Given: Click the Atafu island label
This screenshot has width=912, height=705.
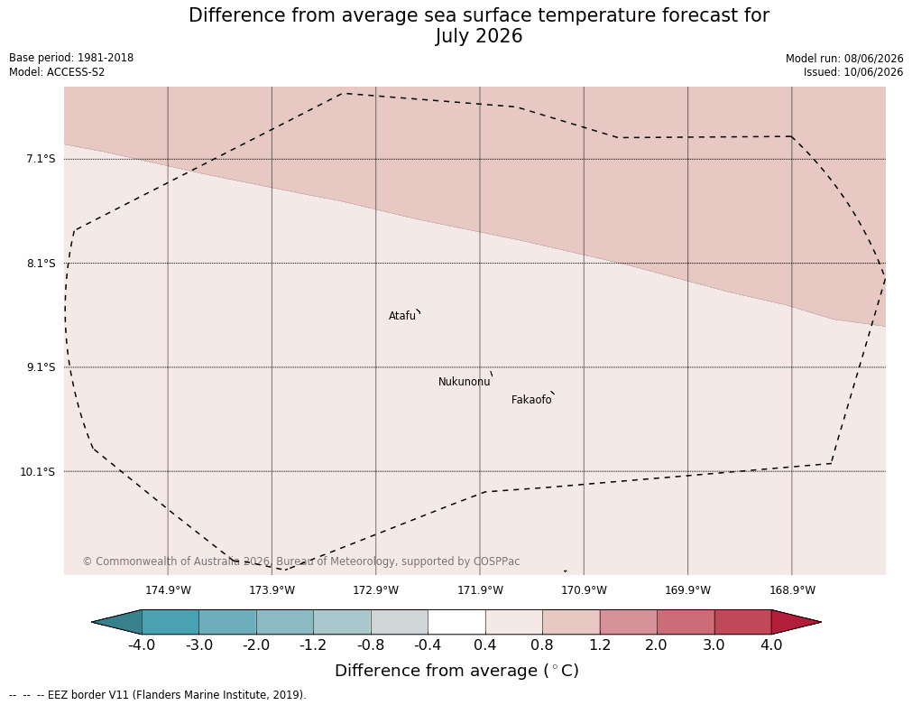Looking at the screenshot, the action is coord(402,316).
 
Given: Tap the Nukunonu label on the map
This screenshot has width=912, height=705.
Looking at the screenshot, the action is coord(465,382).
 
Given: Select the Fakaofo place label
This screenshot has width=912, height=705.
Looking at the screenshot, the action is coord(531,400).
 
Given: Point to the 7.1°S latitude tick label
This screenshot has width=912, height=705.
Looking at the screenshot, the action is coord(41,159).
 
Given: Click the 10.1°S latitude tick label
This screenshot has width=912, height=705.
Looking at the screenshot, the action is coord(38,471).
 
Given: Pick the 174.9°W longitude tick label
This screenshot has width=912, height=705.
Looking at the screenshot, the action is coord(168,590).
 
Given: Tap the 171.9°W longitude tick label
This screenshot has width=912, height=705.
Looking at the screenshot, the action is coord(481,590).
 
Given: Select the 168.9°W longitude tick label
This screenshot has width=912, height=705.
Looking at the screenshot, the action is coord(792,590).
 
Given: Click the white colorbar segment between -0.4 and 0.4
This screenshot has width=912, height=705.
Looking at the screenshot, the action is coord(456,622).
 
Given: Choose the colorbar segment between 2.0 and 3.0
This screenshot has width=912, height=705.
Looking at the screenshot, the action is coord(686,622).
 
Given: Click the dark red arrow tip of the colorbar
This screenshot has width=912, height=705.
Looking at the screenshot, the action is coord(821,622).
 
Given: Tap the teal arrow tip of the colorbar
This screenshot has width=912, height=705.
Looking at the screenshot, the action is coord(92,622).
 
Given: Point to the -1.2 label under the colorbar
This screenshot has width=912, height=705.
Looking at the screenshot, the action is coord(313,645).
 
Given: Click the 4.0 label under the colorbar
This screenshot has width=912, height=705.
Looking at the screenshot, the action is coord(771,645).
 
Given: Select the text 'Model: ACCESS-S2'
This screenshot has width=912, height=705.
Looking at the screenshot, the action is coord(57,72).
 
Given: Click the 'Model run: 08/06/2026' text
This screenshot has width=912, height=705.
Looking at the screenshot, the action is coord(844,58).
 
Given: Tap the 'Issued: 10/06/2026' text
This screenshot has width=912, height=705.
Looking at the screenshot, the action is coord(853,72).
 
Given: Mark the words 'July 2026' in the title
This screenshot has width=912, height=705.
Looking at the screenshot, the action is coord(479,36).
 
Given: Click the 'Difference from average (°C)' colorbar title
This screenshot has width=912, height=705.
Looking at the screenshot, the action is coord(456,671).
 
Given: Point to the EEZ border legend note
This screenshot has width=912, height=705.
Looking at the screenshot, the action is coord(157,695).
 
